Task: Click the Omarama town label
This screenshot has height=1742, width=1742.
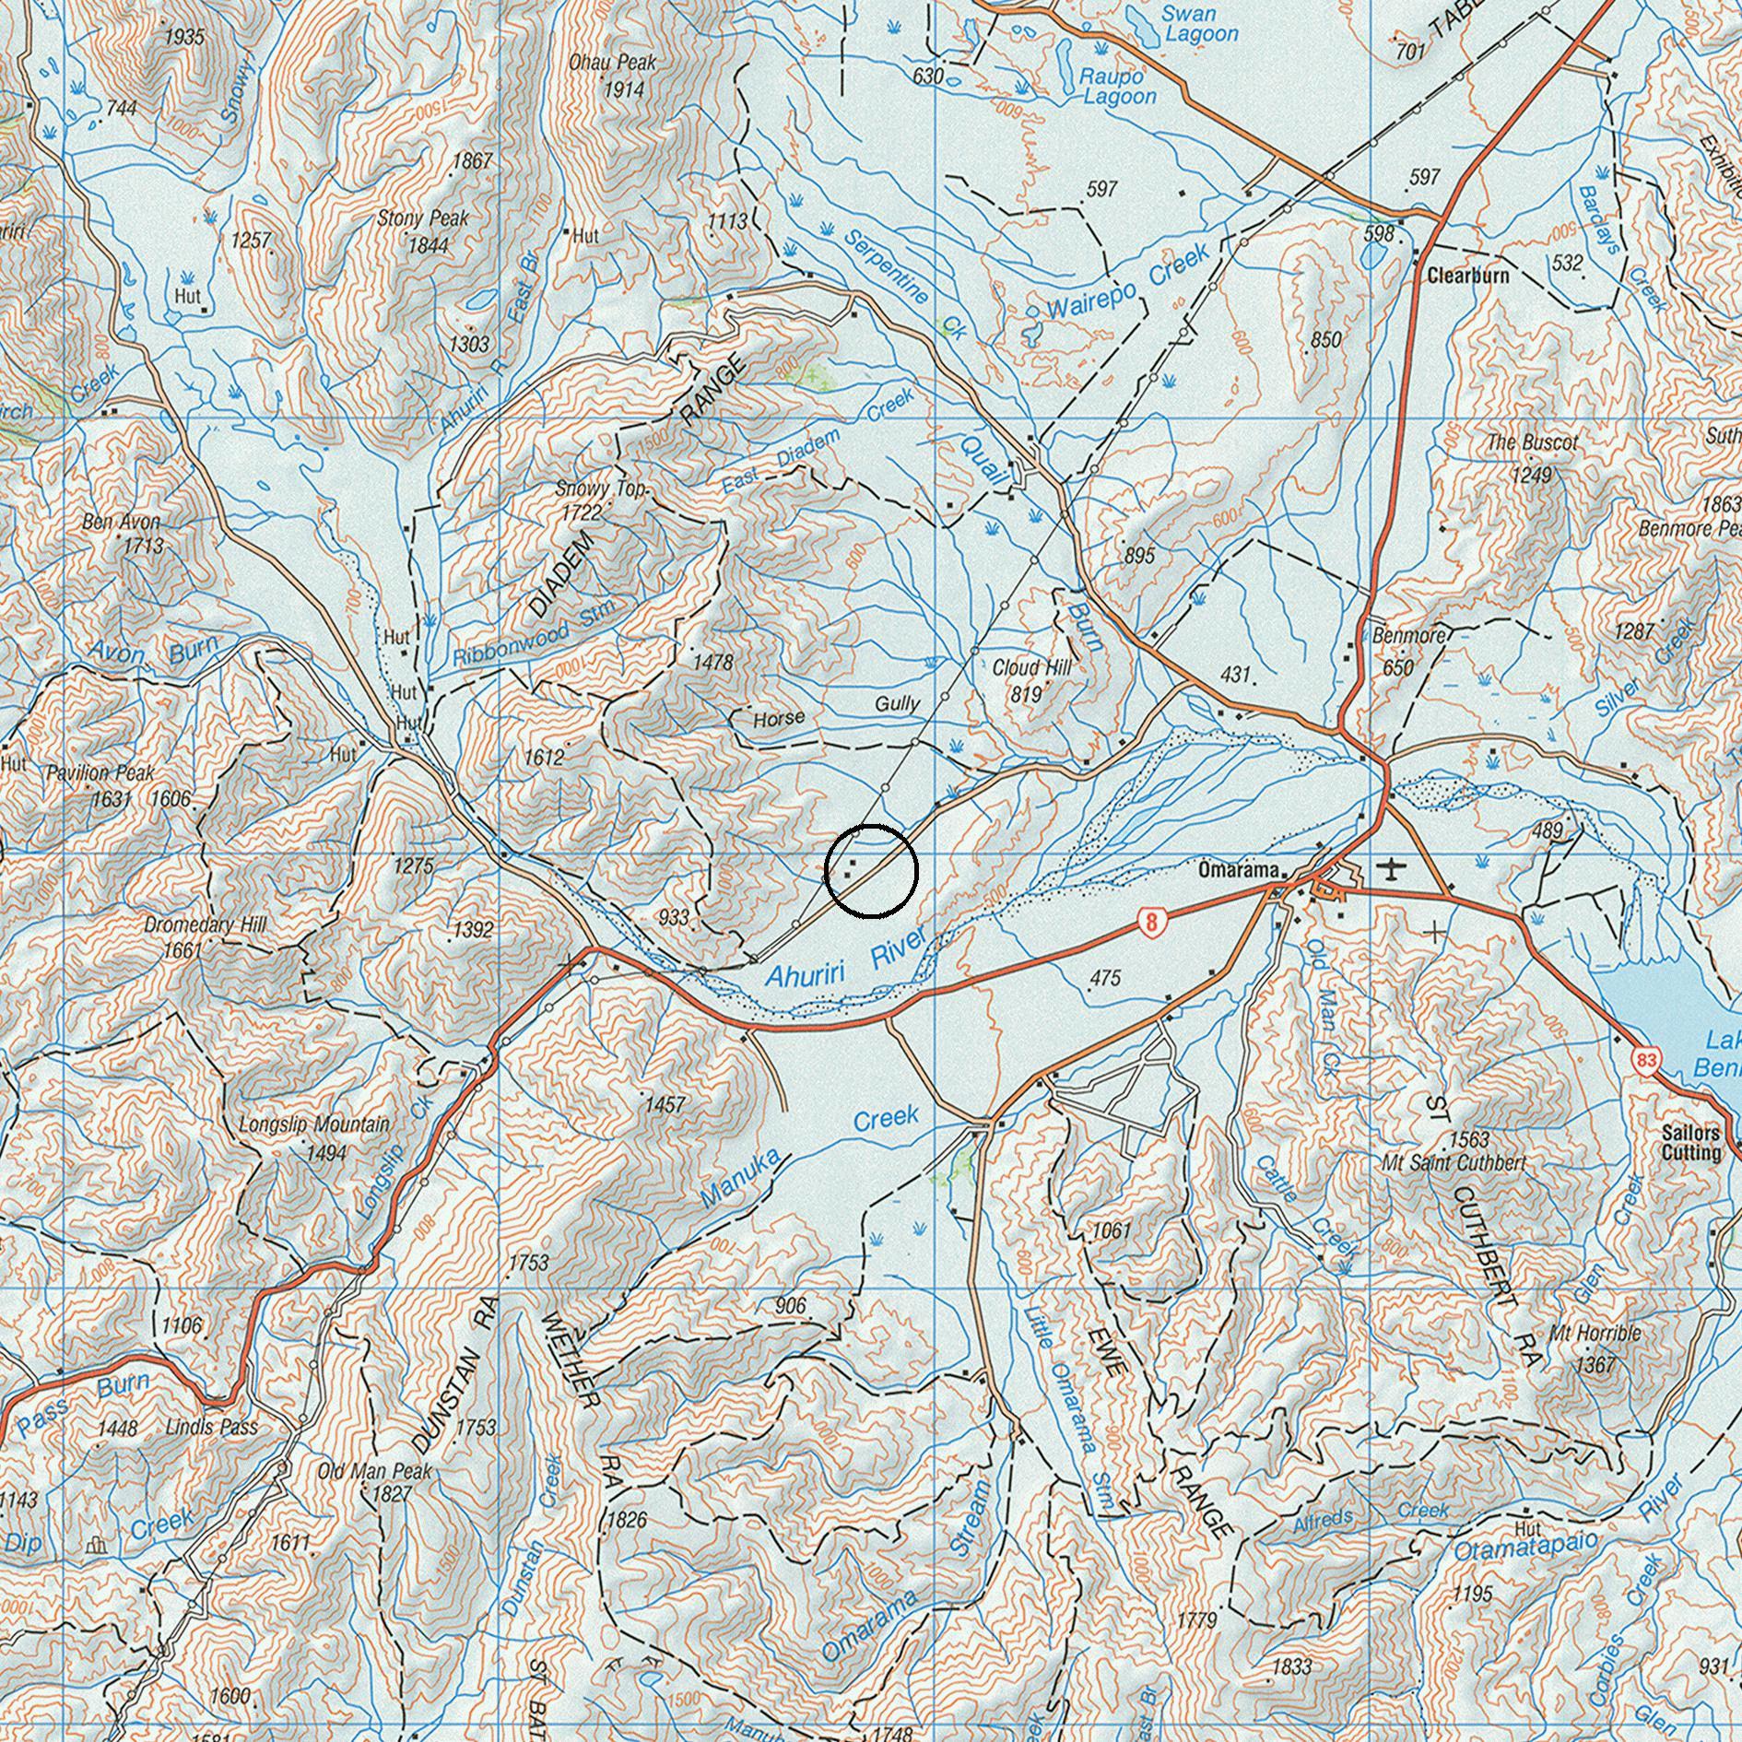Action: coord(1238,870)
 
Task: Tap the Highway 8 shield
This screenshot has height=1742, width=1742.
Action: coord(1148,921)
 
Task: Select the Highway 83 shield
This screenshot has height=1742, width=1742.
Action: coord(1648,1060)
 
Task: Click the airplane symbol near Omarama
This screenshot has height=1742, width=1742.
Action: coord(1391,868)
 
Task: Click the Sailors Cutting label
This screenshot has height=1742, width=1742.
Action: coord(1691,1143)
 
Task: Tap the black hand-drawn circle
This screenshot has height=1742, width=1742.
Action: coord(871,872)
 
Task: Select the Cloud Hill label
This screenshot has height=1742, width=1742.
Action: coord(1031,668)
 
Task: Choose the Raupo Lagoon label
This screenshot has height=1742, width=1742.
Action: coord(1117,87)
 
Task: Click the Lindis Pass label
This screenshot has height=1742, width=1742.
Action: coord(212,1428)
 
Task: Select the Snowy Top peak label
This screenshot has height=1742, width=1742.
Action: coord(601,489)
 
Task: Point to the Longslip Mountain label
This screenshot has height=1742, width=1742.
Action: coord(313,1125)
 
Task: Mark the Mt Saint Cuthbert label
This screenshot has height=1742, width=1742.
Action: coord(1453,1163)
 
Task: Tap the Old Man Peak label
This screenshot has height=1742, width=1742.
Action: coord(374,1472)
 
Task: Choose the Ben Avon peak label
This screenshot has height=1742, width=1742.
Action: coord(121,523)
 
